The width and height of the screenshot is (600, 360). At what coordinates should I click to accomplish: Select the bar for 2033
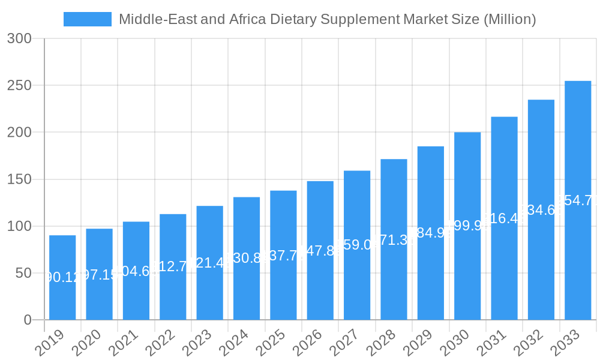point(578,200)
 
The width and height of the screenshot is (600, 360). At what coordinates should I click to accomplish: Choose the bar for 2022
point(173,266)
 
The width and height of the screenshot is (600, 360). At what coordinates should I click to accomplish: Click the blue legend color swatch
point(88,19)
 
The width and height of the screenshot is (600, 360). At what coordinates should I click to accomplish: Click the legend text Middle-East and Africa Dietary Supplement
point(327,19)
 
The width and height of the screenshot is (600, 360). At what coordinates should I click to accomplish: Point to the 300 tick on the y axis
point(19,38)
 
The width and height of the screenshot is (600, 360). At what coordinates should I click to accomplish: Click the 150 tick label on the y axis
point(19,179)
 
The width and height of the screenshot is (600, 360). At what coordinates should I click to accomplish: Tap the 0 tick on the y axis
point(28,320)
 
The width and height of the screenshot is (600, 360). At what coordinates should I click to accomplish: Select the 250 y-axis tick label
point(19,85)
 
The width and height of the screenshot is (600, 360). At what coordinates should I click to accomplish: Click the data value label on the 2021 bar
point(136,271)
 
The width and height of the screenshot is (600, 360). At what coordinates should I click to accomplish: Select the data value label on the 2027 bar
point(357,245)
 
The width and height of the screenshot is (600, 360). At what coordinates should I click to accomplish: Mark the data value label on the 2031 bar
point(504,218)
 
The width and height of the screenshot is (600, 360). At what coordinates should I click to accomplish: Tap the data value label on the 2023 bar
point(209,263)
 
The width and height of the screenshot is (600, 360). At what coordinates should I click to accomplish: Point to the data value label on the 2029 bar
point(431,233)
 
